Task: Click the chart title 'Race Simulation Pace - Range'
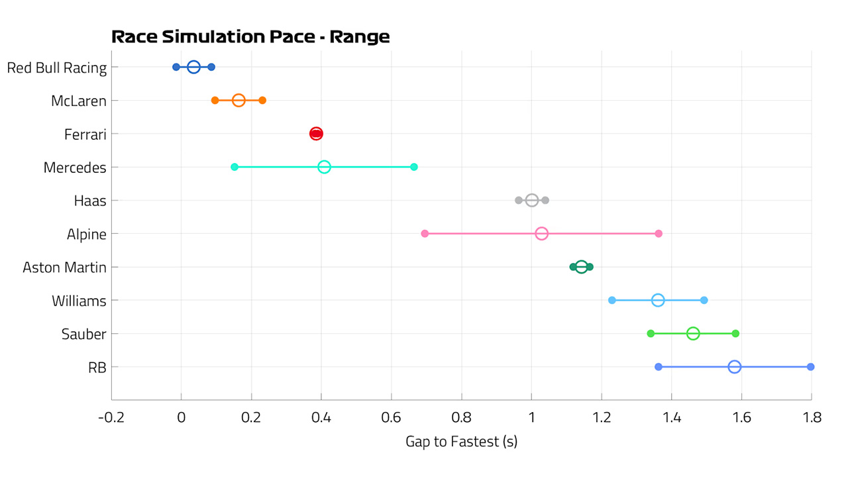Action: [250, 36]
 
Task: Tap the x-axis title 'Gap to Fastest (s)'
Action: [462, 442]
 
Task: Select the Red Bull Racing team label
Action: [57, 68]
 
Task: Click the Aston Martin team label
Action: [64, 267]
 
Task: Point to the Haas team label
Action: [89, 201]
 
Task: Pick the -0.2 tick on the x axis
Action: [111, 417]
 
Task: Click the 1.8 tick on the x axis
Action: [812, 417]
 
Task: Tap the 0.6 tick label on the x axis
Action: [391, 417]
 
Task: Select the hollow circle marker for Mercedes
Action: [324, 167]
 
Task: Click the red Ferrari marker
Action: [316, 134]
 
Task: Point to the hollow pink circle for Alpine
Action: [542, 234]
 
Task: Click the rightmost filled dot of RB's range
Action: [810, 367]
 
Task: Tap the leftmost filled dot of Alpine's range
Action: [425, 234]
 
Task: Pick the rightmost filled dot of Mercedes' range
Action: [414, 167]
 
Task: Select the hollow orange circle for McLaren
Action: [238, 100]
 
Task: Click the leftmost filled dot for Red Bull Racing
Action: [176, 67]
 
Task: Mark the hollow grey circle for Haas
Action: [532, 200]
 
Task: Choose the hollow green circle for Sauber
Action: [693, 333]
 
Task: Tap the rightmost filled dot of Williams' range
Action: [704, 300]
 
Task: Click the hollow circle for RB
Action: [735, 367]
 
